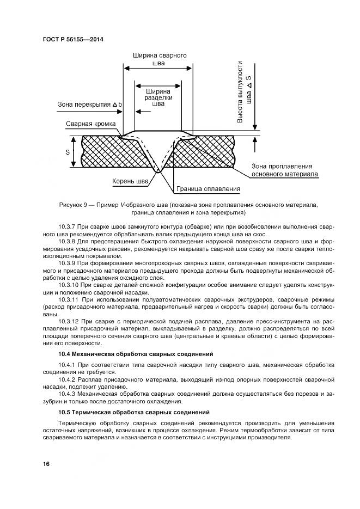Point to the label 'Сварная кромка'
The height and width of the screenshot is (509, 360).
tap(90, 124)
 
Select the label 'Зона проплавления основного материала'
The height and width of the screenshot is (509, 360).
tap(284, 170)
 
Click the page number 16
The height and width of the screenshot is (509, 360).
tap(47, 464)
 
